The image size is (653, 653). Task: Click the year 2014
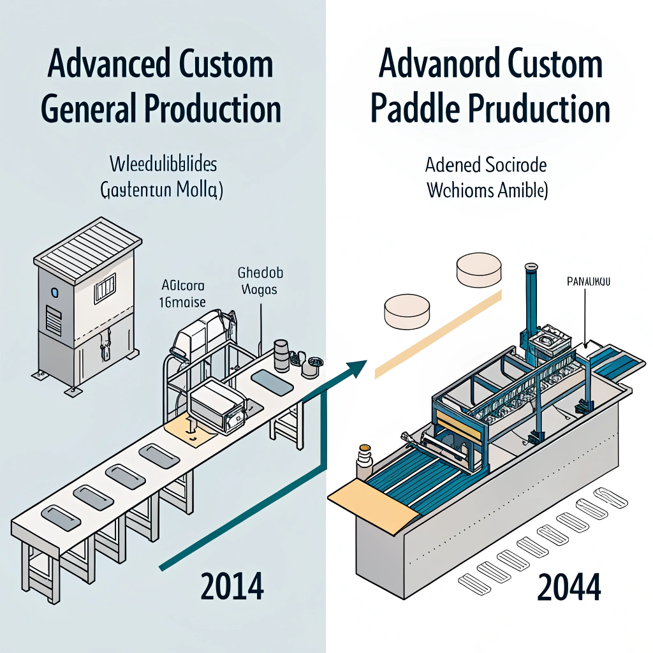coord(231,587)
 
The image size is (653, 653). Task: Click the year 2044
coord(569,587)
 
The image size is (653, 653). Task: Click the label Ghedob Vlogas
coord(260,281)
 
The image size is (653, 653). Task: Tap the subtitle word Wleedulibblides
coord(164,165)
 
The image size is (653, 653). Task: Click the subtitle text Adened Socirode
coord(486,166)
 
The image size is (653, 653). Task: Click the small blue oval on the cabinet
coord(54,293)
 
